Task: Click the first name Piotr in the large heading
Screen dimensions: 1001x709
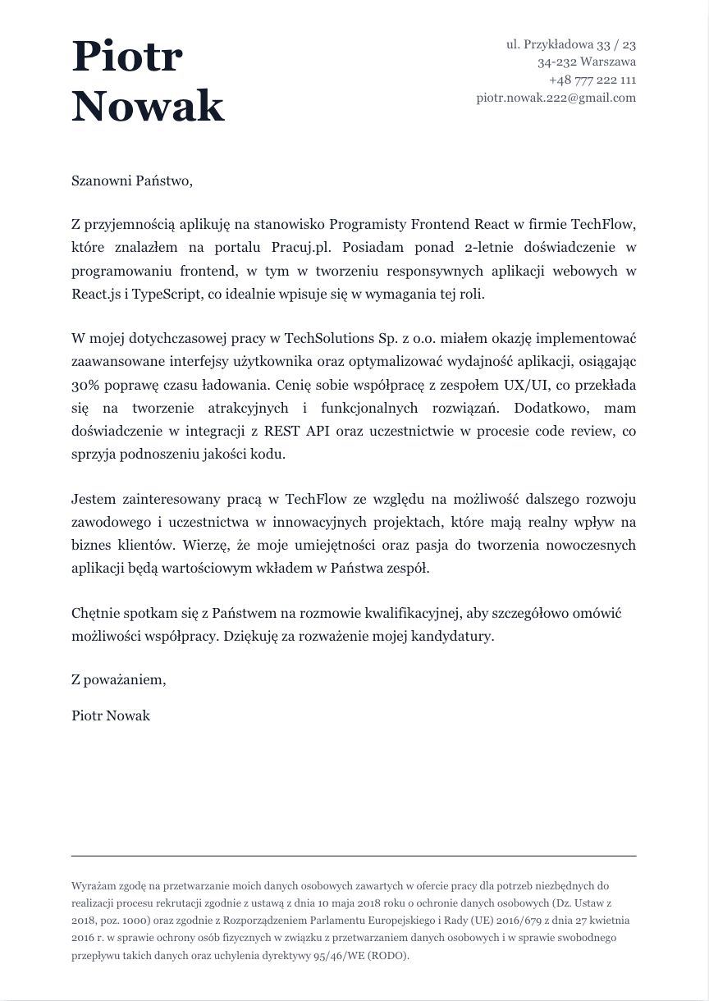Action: click(x=127, y=57)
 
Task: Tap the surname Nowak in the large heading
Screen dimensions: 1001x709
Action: click(x=148, y=107)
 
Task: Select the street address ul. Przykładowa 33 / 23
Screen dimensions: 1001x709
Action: click(x=571, y=44)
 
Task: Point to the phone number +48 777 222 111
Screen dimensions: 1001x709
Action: click(x=592, y=80)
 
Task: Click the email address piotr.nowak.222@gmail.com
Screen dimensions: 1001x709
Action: click(x=556, y=98)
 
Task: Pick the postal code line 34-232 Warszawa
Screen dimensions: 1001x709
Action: click(x=587, y=62)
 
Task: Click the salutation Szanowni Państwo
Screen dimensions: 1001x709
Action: click(x=131, y=181)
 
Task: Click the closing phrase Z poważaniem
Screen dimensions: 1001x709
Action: click(x=119, y=680)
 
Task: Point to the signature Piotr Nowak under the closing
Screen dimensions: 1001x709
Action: click(x=111, y=715)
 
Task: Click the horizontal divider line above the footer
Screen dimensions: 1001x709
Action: click(x=354, y=856)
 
